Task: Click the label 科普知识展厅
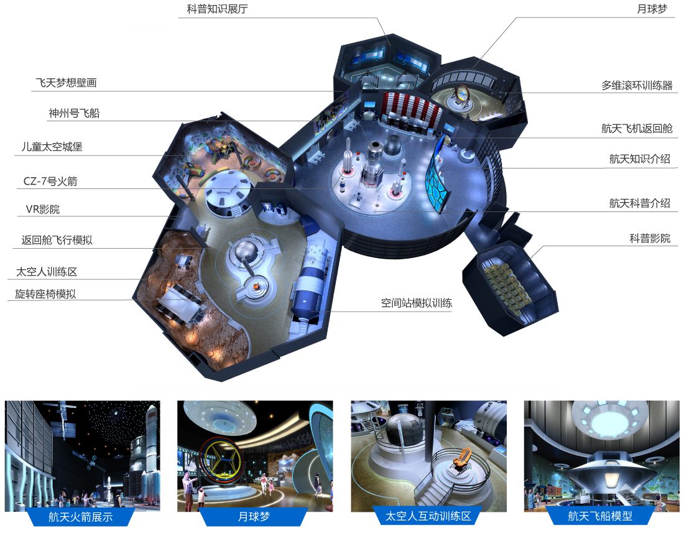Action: coord(217,9)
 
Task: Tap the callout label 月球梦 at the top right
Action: coord(652,9)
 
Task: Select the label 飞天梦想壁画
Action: coord(66,83)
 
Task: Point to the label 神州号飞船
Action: coord(74,113)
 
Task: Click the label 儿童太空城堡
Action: coord(52,147)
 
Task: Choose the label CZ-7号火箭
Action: coord(50,181)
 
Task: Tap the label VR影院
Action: coord(43,210)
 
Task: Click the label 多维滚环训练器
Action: coord(637,85)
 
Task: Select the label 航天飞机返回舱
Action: coord(637,128)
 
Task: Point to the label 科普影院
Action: coord(650,238)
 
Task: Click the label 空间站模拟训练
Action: coord(417,303)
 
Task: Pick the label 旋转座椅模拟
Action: coord(45,294)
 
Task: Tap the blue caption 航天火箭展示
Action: coord(80,517)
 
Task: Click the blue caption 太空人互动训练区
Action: coord(428,517)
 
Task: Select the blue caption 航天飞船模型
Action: coord(600,517)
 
